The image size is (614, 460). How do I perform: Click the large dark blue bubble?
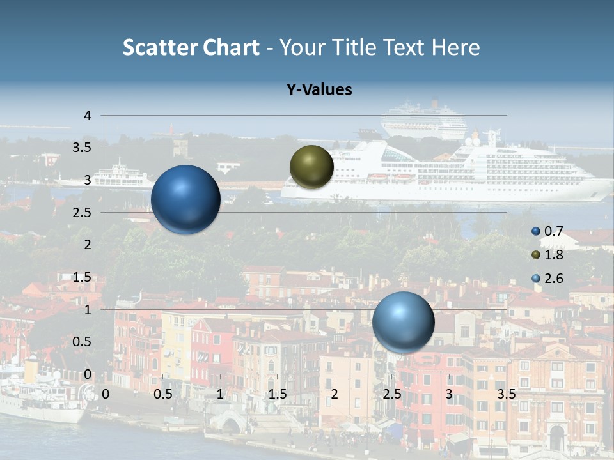click(185, 199)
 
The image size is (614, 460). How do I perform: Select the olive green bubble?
click(311, 167)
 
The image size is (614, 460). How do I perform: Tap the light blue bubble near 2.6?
click(403, 322)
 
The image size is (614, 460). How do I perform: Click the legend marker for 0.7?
click(536, 231)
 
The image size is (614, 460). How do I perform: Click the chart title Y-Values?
click(319, 90)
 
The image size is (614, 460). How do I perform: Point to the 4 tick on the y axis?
click(88, 116)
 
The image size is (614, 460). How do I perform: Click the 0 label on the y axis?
click(88, 374)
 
